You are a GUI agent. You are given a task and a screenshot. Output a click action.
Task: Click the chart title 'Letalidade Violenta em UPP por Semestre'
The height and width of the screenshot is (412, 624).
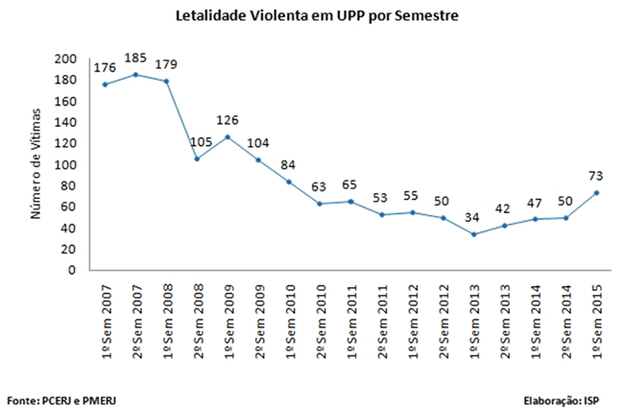click(x=311, y=15)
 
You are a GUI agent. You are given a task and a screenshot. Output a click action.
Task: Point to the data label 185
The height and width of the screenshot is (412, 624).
click(x=136, y=59)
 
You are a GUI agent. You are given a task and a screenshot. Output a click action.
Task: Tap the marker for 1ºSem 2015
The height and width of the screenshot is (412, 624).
click(x=598, y=193)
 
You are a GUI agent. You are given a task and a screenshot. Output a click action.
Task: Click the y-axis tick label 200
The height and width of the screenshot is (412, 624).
click(x=65, y=59)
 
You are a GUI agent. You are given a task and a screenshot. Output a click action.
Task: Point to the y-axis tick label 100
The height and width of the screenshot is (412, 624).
click(x=65, y=164)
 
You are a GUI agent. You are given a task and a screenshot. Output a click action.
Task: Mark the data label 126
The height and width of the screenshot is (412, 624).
click(x=228, y=120)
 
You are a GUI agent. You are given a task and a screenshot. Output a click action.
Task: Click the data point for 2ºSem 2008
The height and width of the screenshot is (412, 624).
click(x=197, y=159)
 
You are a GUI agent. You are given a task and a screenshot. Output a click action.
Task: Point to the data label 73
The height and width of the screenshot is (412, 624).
click(x=596, y=176)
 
